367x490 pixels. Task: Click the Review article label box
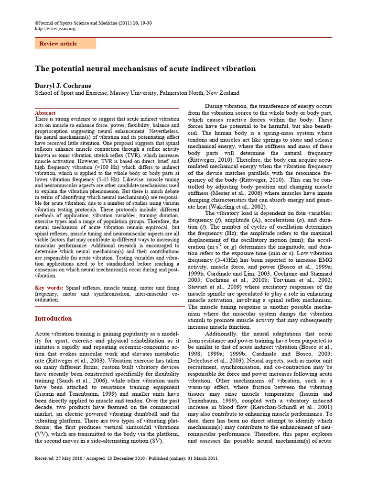tap(65, 44)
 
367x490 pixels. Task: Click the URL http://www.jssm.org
tap(55, 28)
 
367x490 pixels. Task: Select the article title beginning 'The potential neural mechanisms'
tap(145, 68)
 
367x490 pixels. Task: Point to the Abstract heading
tap(45, 113)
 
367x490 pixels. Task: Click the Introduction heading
tap(54, 318)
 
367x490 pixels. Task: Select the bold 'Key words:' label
tap(49, 287)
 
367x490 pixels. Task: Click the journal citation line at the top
tap(94, 22)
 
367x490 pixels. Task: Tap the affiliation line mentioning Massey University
tap(137, 93)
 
